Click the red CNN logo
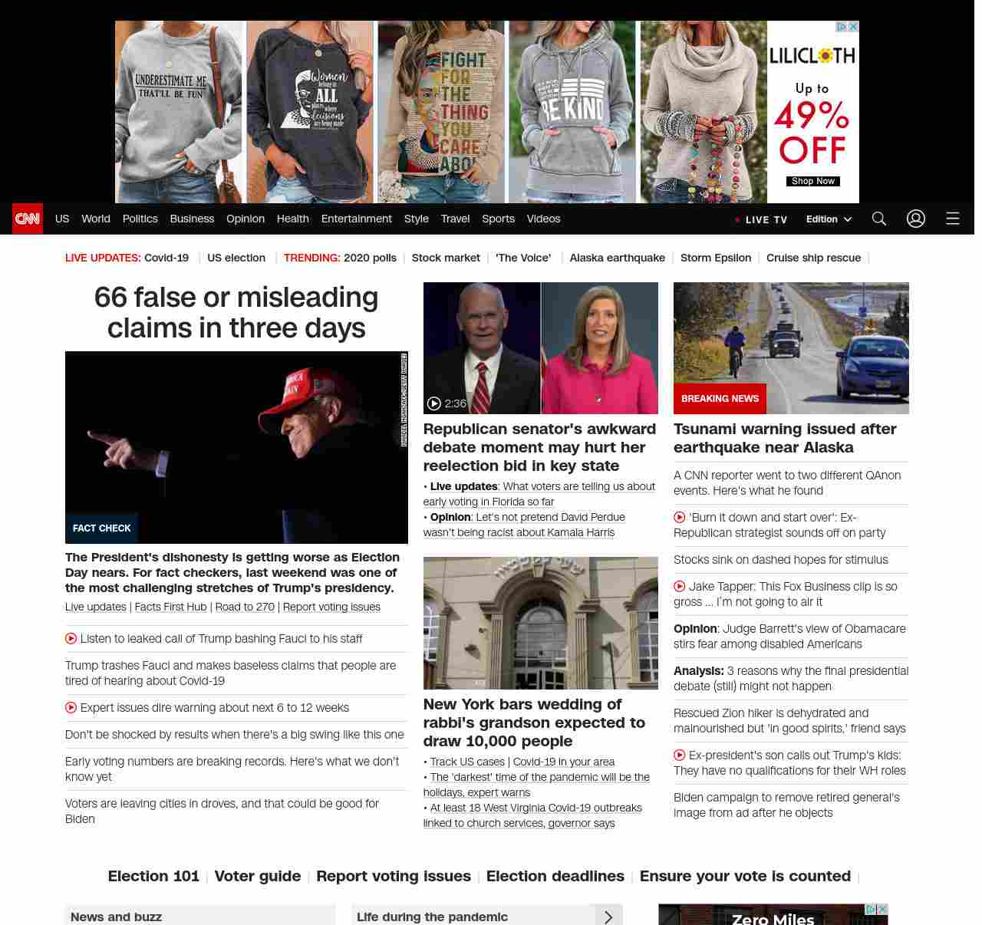(28, 219)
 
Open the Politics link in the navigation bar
(140, 219)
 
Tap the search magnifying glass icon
(879, 219)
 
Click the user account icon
(916, 219)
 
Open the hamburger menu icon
(953, 219)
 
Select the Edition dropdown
(829, 219)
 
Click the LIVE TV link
(762, 219)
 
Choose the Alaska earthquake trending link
(617, 258)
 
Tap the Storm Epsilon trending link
(716, 258)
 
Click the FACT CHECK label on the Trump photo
(101, 528)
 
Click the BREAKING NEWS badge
(720, 399)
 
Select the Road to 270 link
(245, 607)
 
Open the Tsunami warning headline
(785, 438)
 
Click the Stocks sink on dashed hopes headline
(780, 560)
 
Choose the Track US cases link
(467, 762)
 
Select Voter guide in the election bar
(258, 876)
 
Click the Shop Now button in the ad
(812, 181)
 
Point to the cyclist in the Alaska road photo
(735, 350)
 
